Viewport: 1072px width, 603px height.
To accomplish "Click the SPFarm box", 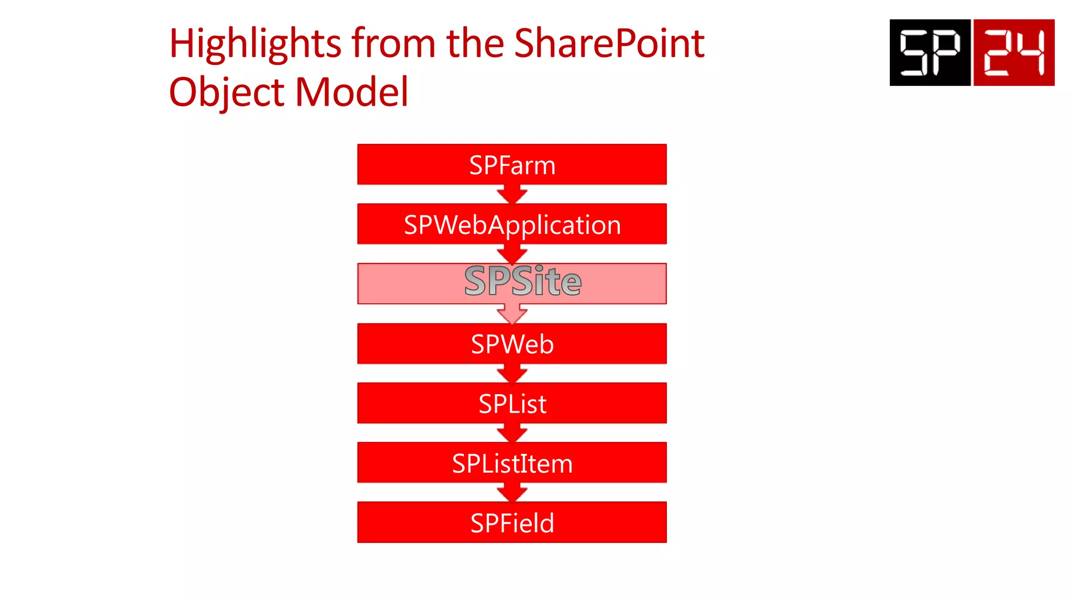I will pos(512,164).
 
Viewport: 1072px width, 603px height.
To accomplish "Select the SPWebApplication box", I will pos(512,224).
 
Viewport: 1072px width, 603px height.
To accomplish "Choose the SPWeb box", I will pos(512,343).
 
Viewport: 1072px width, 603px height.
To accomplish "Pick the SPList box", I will pos(512,403).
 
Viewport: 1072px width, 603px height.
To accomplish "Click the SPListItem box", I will pos(512,463).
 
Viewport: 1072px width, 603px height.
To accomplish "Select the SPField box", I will pos(512,522).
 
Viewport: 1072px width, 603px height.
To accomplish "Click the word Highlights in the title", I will pos(255,44).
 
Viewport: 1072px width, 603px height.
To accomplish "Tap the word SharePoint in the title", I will pos(609,44).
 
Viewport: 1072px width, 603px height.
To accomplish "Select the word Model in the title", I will pos(352,93).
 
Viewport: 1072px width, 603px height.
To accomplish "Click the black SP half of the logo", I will pos(930,52).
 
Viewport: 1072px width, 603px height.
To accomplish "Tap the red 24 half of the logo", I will pos(1014,52).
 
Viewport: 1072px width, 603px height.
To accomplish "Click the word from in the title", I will pos(394,44).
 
